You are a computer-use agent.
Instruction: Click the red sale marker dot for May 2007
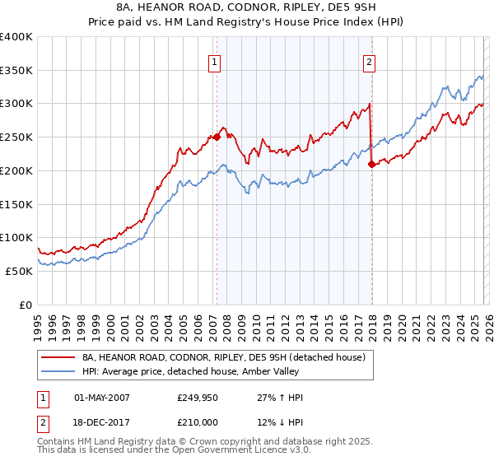click(x=217, y=137)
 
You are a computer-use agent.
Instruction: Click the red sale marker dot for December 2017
click(x=371, y=164)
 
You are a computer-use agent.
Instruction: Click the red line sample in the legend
click(x=59, y=357)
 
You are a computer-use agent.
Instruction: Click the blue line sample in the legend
click(x=59, y=372)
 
